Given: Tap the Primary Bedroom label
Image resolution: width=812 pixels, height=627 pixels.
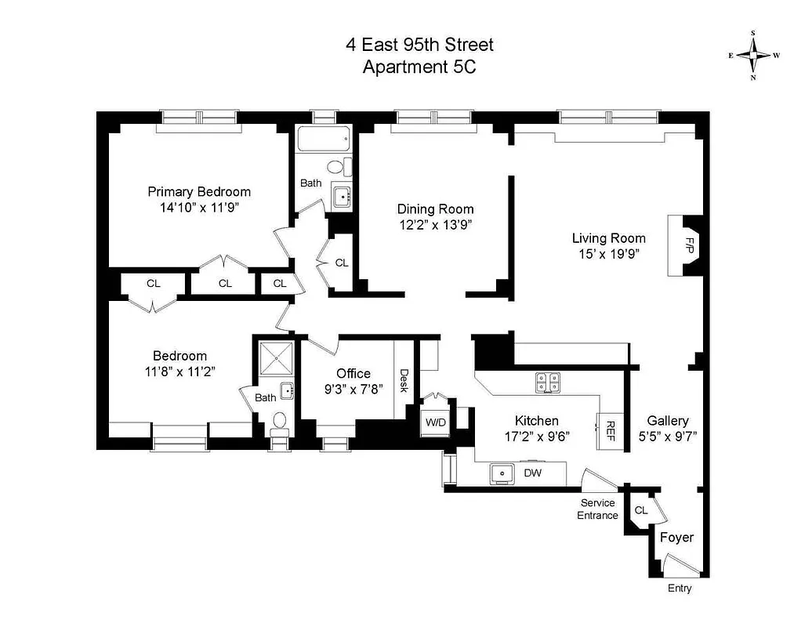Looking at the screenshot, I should coord(200,192).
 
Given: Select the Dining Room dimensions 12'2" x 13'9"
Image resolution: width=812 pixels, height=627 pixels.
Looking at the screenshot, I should coord(435,224).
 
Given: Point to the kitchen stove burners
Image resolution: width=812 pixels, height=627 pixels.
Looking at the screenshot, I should coord(548,382).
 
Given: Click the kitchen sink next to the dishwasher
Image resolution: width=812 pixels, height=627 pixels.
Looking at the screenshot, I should coord(501,473).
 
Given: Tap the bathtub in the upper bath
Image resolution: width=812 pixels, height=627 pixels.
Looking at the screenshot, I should coord(323,141).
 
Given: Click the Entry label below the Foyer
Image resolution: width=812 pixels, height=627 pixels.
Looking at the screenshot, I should coord(680,589).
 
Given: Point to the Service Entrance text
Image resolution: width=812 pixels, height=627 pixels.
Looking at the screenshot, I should coord(598,509).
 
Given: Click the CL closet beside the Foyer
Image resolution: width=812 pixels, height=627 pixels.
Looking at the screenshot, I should coord(641,511).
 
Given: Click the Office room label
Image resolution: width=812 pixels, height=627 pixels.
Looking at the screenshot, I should coord(353,373).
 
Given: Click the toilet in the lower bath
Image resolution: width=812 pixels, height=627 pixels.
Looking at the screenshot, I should coord(279,423).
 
